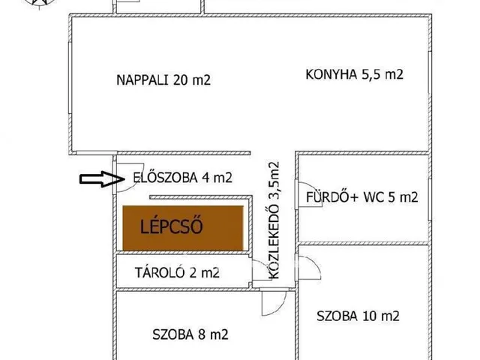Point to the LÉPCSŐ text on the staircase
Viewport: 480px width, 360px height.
pyautogui.click(x=172, y=226)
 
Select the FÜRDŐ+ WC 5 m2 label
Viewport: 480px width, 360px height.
pyautogui.click(x=361, y=198)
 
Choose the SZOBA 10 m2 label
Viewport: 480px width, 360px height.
pyautogui.click(x=357, y=315)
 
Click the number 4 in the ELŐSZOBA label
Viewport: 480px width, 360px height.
pyautogui.click(x=205, y=178)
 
